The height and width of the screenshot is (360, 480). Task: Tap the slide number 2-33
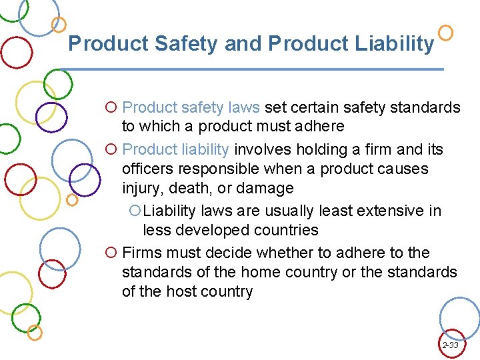[x=450, y=345]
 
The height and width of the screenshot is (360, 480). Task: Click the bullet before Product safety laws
[x=111, y=107]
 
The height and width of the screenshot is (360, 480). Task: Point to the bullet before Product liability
[x=111, y=149]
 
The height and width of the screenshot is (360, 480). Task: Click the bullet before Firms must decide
[x=111, y=253]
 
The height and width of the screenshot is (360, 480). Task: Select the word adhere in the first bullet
[x=321, y=127]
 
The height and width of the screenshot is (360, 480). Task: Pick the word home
[x=260, y=272]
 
